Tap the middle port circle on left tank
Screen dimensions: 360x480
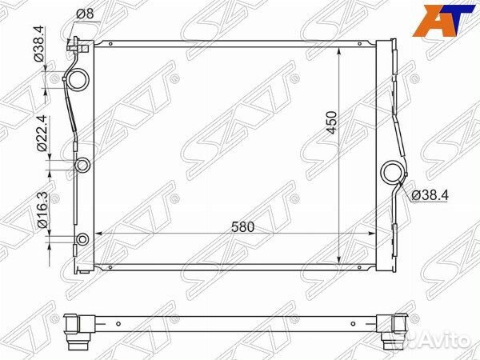point(82,166)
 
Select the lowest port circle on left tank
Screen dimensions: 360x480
point(83,238)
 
